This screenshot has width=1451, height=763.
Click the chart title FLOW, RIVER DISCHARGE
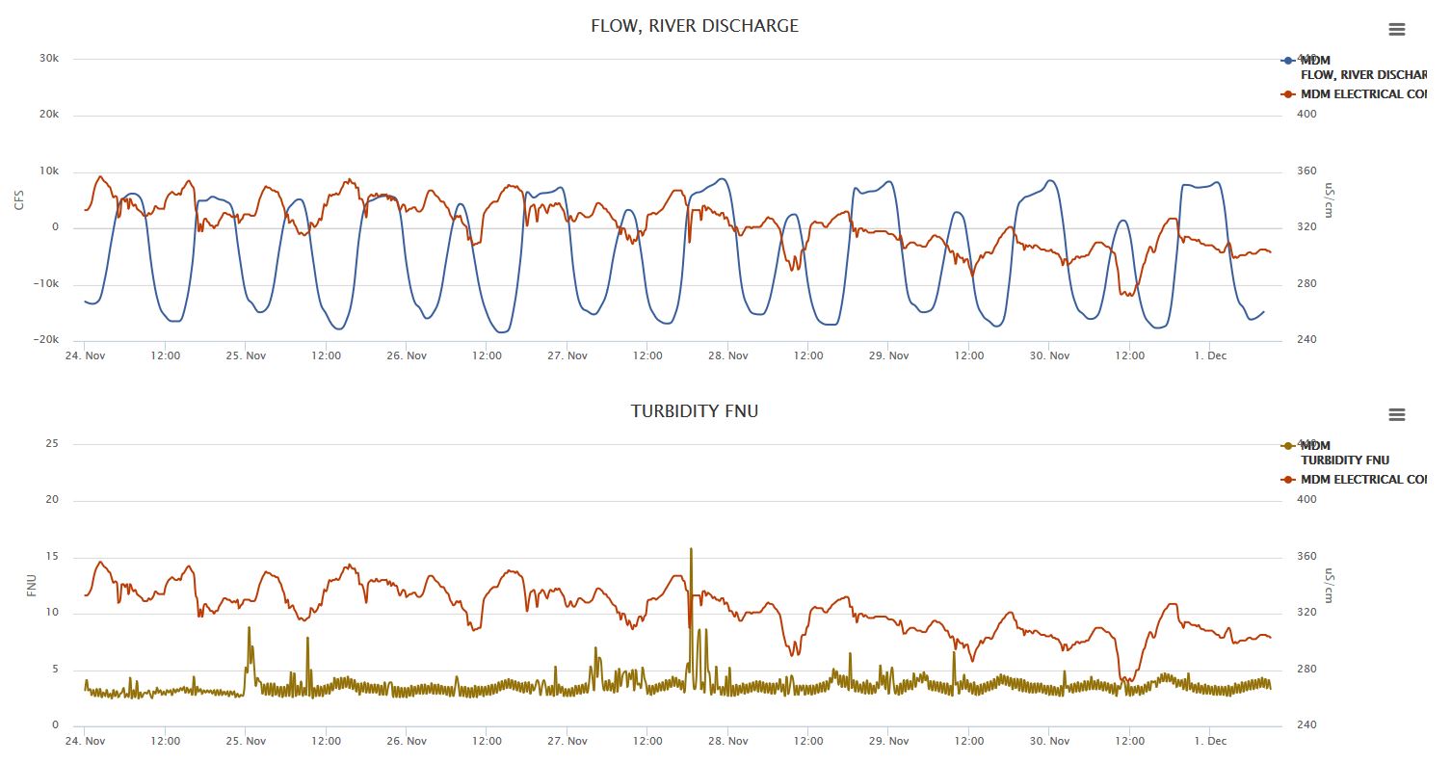pos(695,26)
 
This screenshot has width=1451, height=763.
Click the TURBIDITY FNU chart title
pos(695,411)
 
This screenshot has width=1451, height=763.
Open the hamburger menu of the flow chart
pos(1396,29)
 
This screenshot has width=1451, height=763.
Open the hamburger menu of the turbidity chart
pos(1396,414)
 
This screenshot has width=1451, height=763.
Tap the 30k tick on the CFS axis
pos(48,59)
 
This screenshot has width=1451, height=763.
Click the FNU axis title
pos(31,585)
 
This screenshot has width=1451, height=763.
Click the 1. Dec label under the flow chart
pos(1210,355)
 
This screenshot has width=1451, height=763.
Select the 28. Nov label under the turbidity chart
pos(728,741)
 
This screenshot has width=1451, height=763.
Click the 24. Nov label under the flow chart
pos(85,355)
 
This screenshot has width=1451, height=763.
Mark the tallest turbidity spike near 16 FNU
pos(691,550)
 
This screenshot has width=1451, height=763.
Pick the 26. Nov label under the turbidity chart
pos(407,741)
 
